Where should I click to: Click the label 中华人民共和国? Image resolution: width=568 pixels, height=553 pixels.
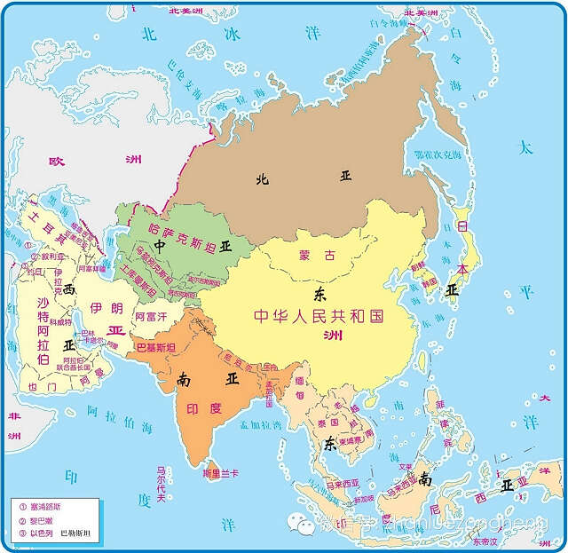[x=317, y=316]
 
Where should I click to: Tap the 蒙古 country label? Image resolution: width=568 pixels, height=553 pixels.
[x=317, y=256]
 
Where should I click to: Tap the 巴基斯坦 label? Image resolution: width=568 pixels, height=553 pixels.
[x=154, y=346]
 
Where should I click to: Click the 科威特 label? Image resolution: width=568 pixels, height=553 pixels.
[x=59, y=323]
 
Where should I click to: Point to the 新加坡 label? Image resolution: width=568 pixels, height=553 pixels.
[x=361, y=500]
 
